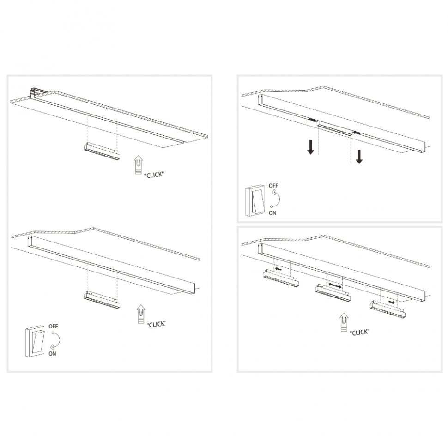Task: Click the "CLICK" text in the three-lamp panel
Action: (x=360, y=332)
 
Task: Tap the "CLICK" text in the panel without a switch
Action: (x=154, y=175)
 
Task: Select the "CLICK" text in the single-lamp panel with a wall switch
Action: (x=156, y=324)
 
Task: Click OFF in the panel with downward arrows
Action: (x=274, y=186)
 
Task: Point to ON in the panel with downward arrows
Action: (x=272, y=213)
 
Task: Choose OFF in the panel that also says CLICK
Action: (x=53, y=326)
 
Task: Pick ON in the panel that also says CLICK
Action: (x=52, y=353)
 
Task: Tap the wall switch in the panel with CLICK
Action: (x=35, y=341)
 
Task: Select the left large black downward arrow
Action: (x=311, y=147)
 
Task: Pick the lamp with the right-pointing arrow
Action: (x=387, y=307)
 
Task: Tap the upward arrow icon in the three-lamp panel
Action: (x=343, y=322)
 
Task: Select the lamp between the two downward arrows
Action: (x=335, y=129)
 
